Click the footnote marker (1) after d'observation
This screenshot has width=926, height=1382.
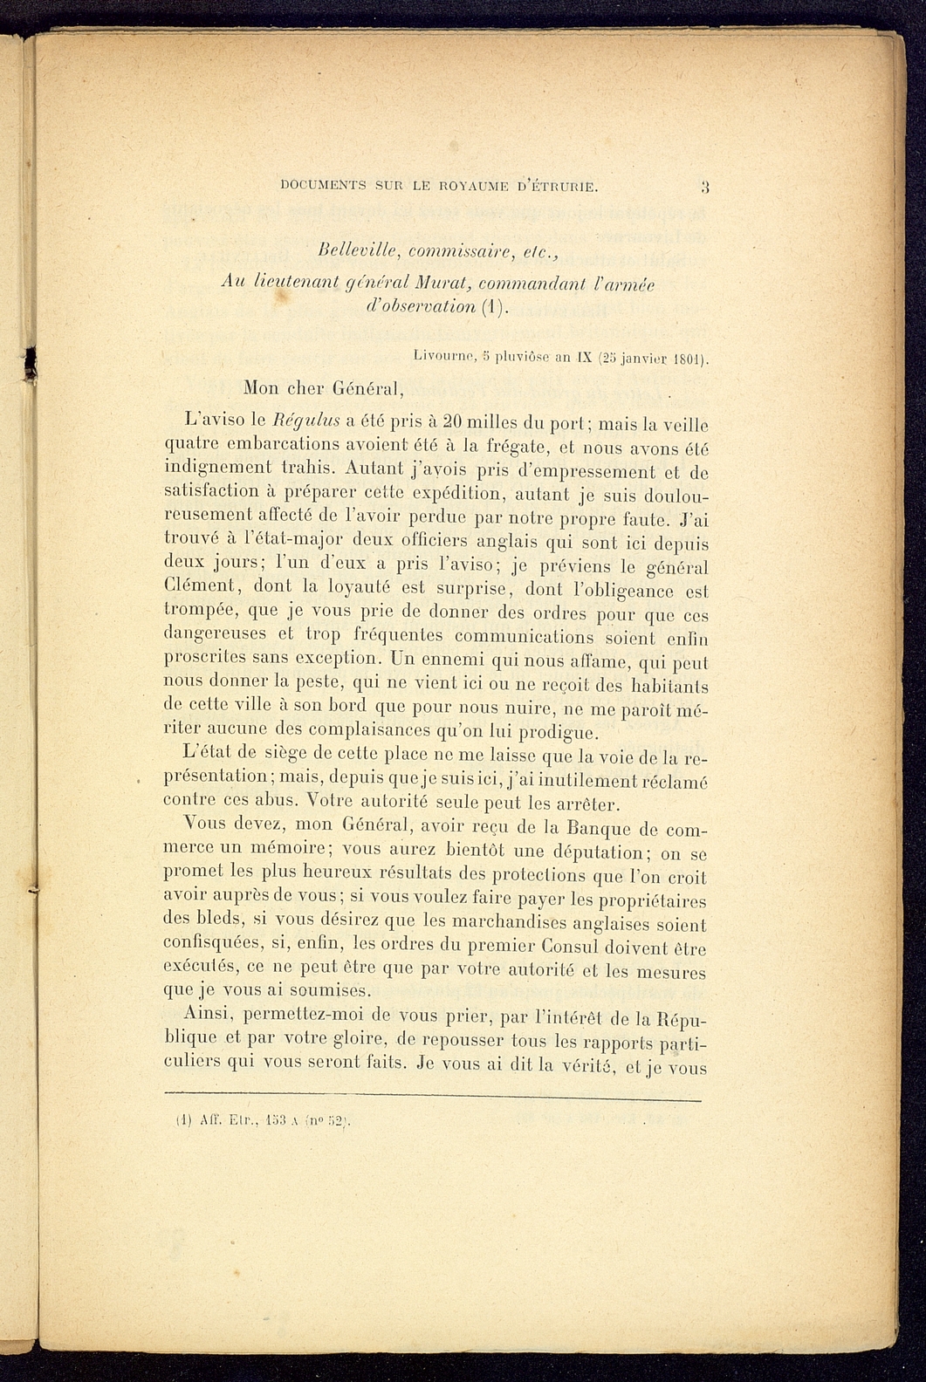(x=495, y=307)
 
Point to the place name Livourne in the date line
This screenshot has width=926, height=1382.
(x=443, y=358)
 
